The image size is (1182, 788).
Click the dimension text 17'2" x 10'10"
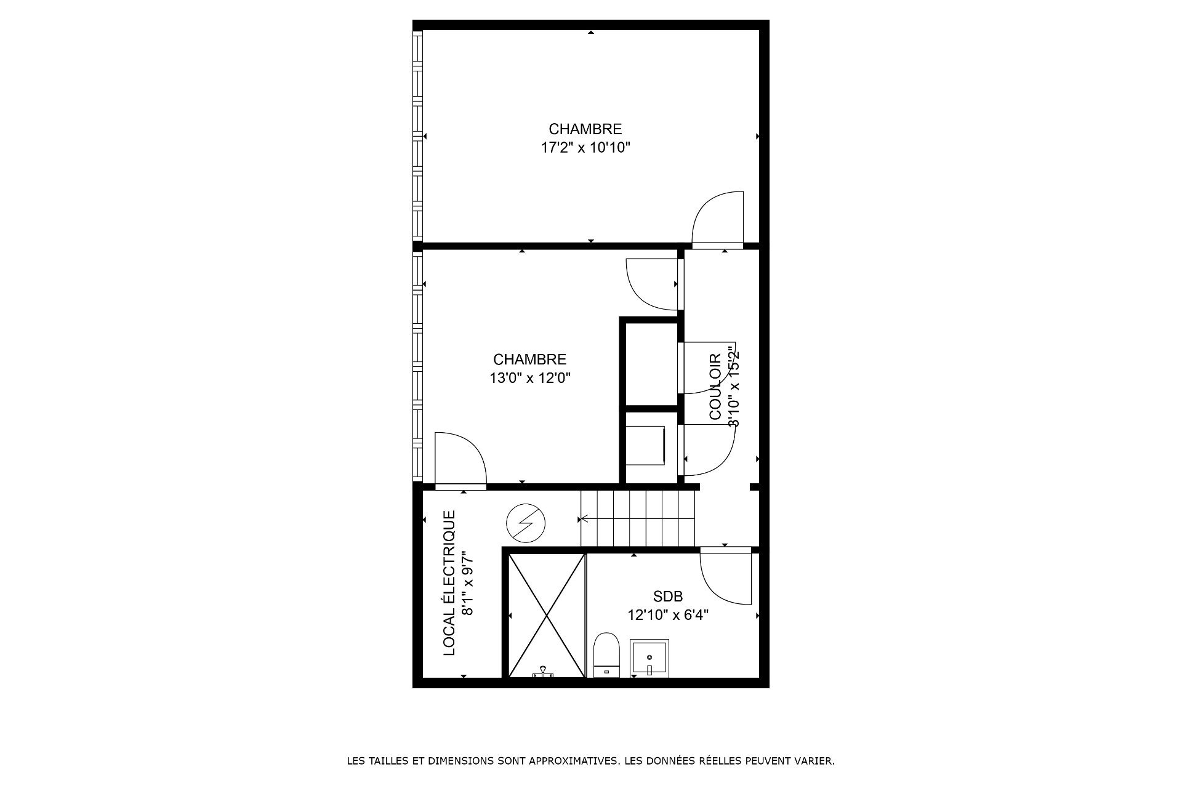click(585, 148)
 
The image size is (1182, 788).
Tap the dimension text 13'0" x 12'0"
click(530, 378)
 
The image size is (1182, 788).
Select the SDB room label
click(668, 597)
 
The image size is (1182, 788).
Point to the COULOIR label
click(715, 387)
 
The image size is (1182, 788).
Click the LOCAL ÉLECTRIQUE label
click(450, 582)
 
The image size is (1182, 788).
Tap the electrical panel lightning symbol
click(526, 523)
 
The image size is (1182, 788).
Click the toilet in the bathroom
click(606, 654)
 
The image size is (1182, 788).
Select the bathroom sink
click(649, 659)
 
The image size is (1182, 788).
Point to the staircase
click(637, 518)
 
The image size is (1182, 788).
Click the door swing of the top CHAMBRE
click(718, 218)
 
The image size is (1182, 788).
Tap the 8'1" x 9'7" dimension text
click(468, 583)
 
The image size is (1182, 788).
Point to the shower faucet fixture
click(544, 672)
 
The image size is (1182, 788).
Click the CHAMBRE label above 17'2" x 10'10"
click(585, 129)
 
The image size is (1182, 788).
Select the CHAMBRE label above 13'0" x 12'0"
click(530, 360)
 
